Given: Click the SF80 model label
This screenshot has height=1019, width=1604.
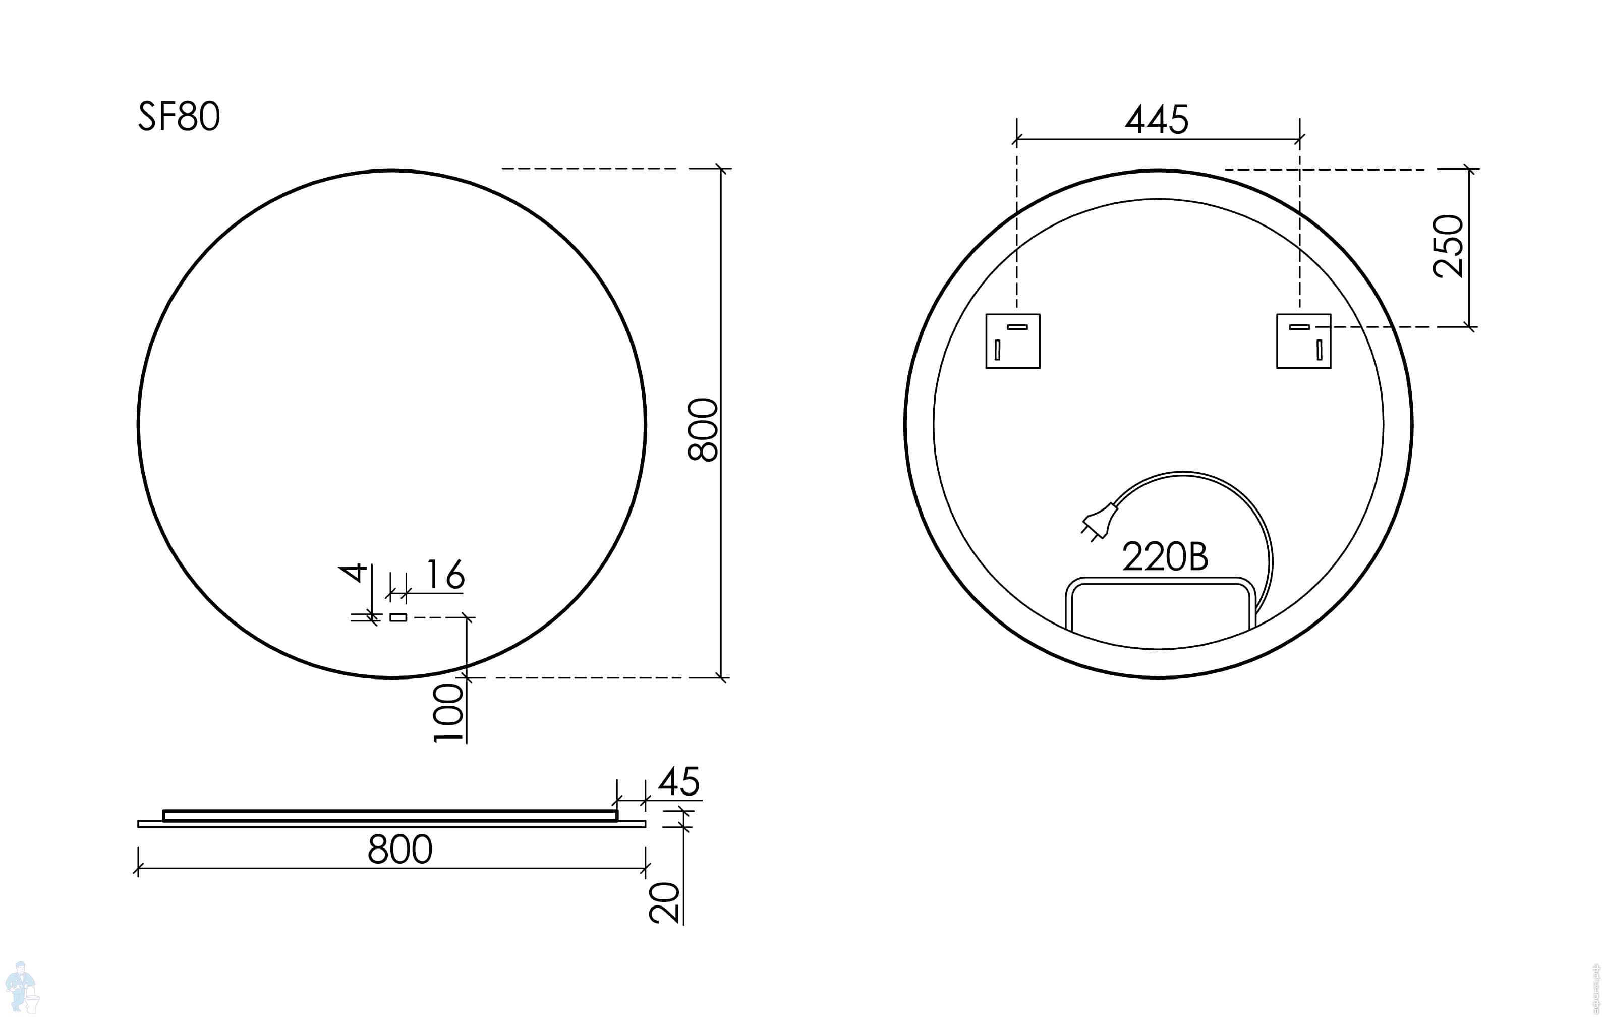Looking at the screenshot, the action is tap(179, 117).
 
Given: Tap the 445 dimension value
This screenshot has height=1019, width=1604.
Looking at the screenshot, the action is tap(1157, 120).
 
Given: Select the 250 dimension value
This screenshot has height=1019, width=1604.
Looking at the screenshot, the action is tap(1449, 246).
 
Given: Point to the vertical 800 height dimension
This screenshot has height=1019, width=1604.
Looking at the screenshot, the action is tap(703, 430).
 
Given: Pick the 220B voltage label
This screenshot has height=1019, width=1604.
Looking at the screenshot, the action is tap(1165, 557).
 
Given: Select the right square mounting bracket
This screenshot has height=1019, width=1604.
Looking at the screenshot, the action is tap(1303, 341).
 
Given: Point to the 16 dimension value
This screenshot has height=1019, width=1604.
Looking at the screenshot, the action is tap(444, 574).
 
